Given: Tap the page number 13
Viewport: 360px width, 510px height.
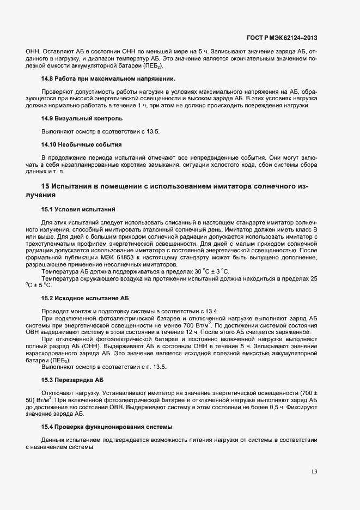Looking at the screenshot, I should (315, 471).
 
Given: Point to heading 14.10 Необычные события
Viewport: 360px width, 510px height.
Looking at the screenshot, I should (81, 144).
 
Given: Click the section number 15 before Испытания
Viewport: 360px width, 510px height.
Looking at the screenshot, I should (45, 187).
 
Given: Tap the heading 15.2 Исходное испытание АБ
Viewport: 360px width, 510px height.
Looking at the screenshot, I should (85, 298).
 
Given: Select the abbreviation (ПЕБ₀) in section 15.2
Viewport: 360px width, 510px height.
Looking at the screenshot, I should (52, 360).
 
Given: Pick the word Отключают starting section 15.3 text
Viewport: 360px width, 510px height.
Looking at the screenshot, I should (56, 393).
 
